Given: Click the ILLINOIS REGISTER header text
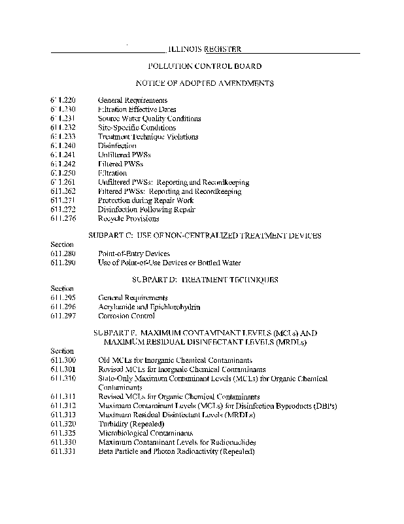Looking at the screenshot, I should pyautogui.click(x=205, y=49).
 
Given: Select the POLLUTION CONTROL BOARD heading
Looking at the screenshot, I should pyautogui.click(x=205, y=66).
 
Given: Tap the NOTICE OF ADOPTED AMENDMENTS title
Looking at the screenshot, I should pyautogui.click(x=204, y=83).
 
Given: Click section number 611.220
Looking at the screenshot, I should pyautogui.click(x=63, y=100).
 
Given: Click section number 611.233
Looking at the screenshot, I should pyautogui.click(x=63, y=137).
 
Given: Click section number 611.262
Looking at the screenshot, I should pyautogui.click(x=63, y=191).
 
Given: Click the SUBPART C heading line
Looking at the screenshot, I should pyautogui.click(x=204, y=235).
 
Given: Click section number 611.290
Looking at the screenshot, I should pyautogui.click(x=63, y=263).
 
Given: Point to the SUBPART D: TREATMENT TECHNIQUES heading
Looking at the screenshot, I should pyautogui.click(x=205, y=280).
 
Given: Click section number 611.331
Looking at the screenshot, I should pyautogui.click(x=63, y=452).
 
